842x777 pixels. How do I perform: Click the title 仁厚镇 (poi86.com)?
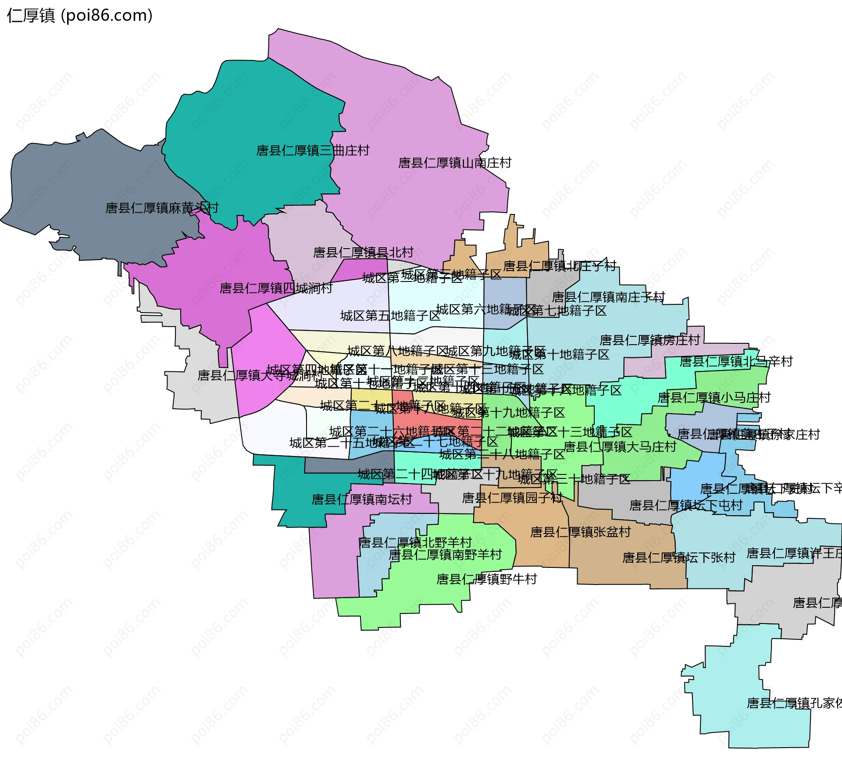pyautogui.click(x=79, y=16)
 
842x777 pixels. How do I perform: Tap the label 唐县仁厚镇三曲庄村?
pyautogui.click(x=313, y=151)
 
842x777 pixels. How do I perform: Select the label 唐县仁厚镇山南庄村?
pyautogui.click(x=455, y=163)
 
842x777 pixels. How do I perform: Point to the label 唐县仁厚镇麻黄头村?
pyautogui.click(x=162, y=208)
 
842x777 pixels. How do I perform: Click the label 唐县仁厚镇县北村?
pyautogui.click(x=363, y=253)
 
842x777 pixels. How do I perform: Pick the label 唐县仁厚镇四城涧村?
pyautogui.click(x=276, y=289)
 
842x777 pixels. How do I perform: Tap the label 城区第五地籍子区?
pyautogui.click(x=390, y=316)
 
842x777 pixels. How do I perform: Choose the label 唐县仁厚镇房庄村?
pyautogui.click(x=649, y=340)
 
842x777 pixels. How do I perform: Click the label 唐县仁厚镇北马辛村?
pyautogui.click(x=736, y=362)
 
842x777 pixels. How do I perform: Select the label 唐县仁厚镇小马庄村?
pyautogui.click(x=714, y=398)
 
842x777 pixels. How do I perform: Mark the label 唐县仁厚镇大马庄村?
pyautogui.click(x=620, y=447)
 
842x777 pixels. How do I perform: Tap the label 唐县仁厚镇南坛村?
pyautogui.click(x=362, y=499)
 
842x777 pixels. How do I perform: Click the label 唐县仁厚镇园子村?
pyautogui.click(x=512, y=498)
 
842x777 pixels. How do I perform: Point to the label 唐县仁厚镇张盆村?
pyautogui.click(x=580, y=532)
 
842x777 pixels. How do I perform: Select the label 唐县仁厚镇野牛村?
pyautogui.click(x=486, y=580)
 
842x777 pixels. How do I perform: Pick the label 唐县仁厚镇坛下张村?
pyautogui.click(x=678, y=558)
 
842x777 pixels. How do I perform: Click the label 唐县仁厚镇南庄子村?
pyautogui.click(x=608, y=297)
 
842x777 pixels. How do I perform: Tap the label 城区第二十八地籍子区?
pyautogui.click(x=502, y=454)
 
